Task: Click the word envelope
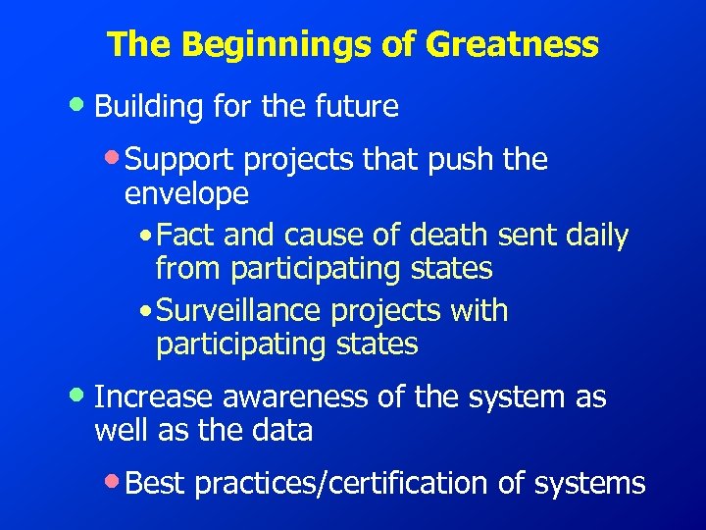pos(186,194)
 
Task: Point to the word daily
pos(593,236)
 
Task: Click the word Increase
pos(154,397)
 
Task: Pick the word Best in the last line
pos(157,483)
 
